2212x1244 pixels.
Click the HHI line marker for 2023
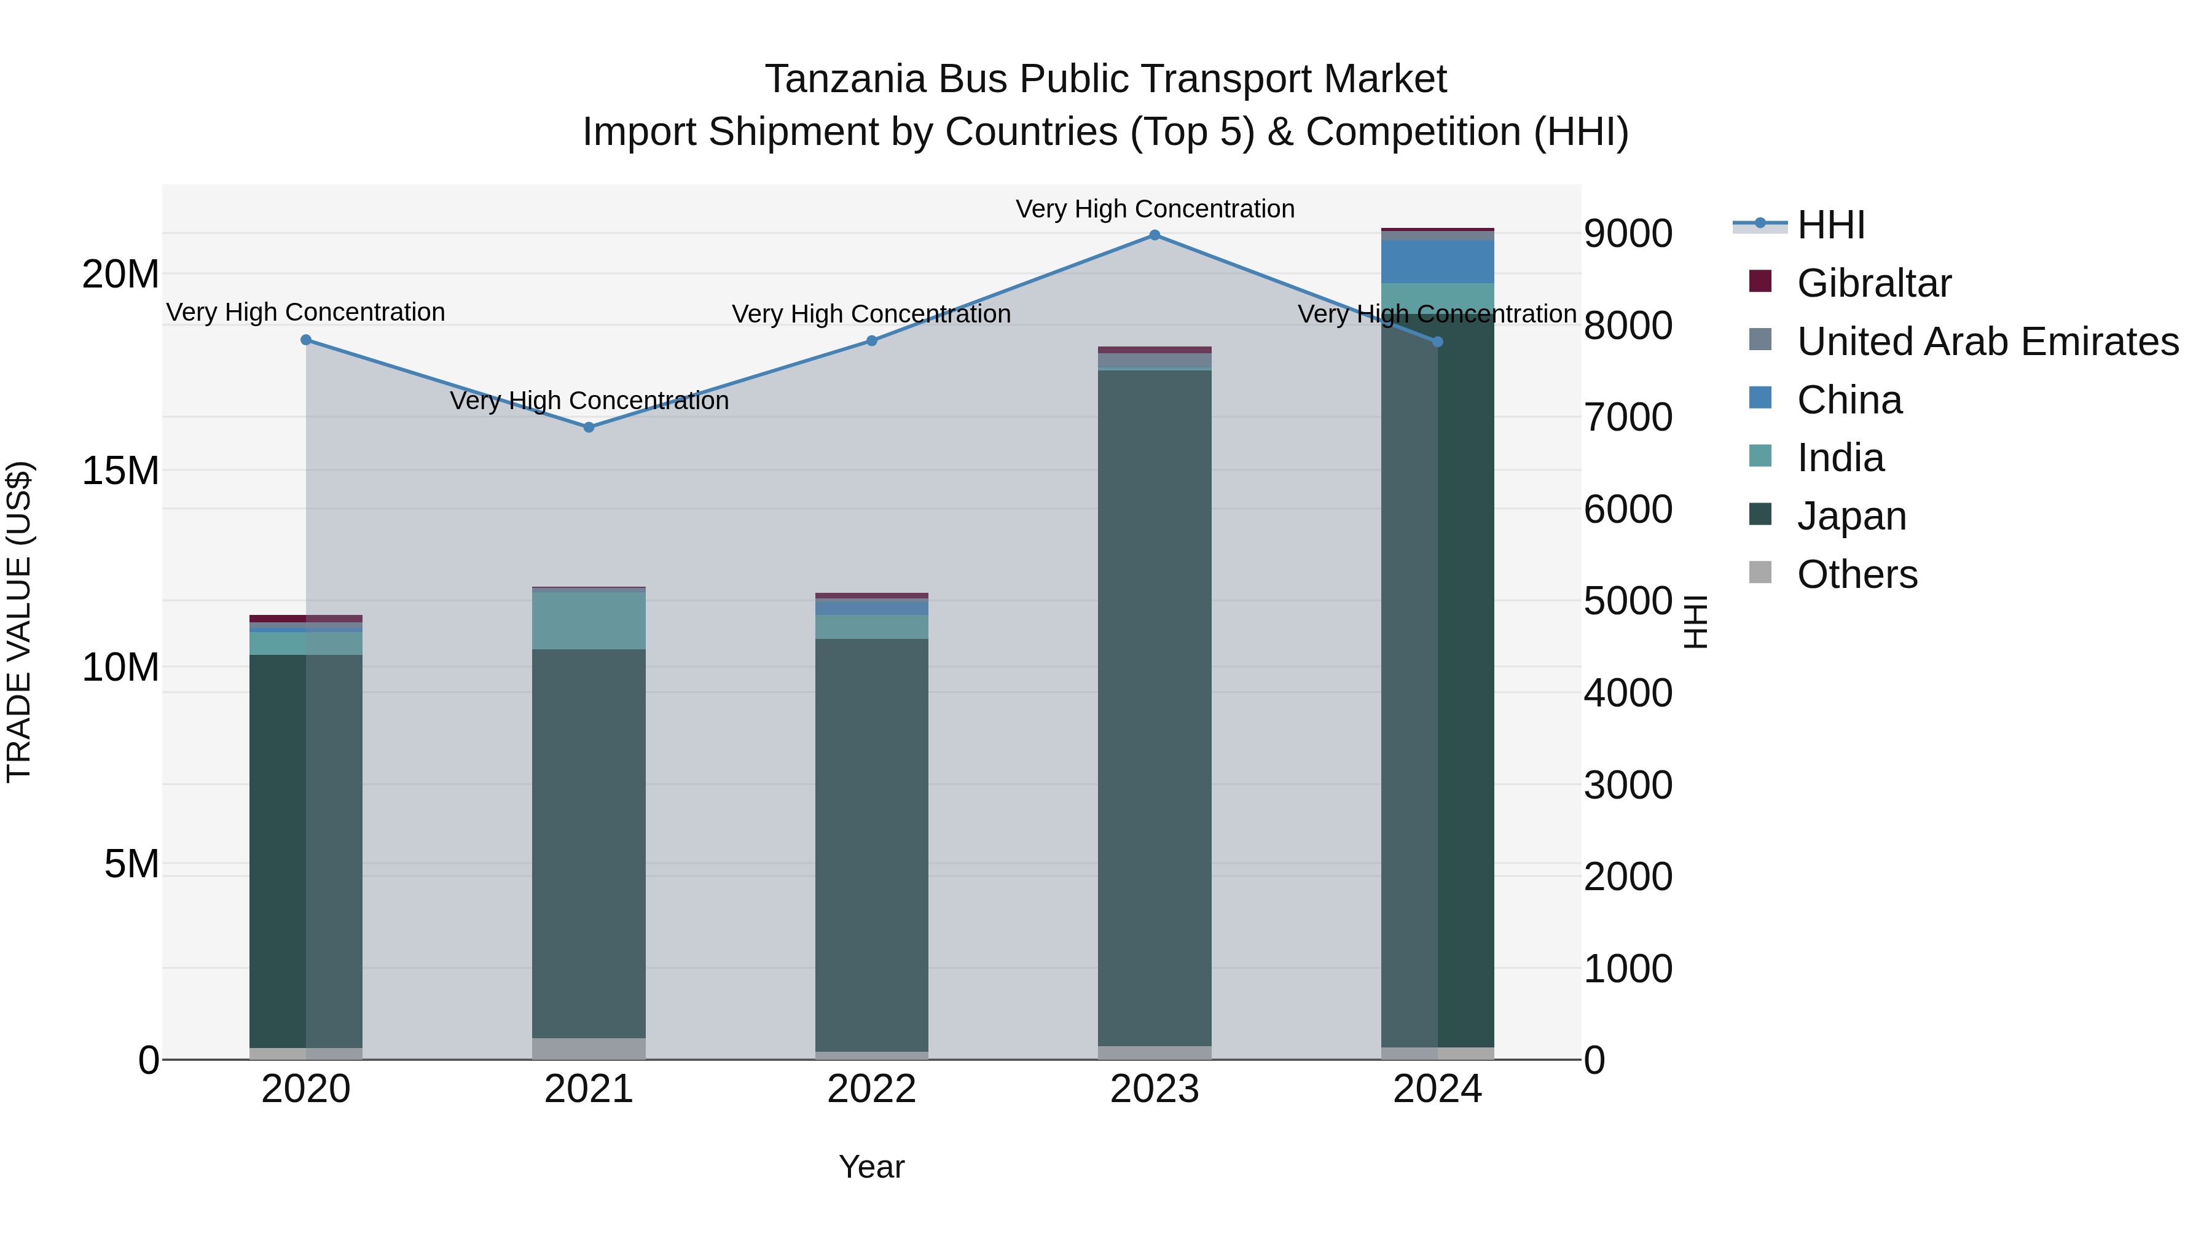pos(1154,235)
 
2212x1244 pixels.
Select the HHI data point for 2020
pos(307,340)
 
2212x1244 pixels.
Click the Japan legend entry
pos(1851,516)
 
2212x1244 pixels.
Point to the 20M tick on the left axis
pos(120,275)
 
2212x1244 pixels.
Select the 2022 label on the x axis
pos(871,1089)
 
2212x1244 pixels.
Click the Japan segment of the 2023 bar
pos(1154,704)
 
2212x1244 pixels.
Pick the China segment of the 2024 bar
pos(1437,261)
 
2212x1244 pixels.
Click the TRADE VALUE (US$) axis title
pos(19,622)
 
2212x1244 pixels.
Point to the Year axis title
pos(871,1167)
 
